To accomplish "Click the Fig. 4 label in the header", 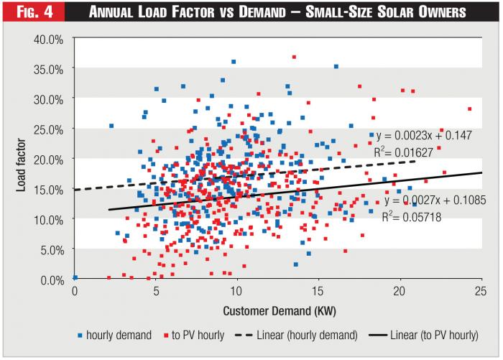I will coord(31,12).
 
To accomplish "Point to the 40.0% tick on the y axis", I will coord(49,39).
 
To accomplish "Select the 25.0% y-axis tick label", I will coord(49,129).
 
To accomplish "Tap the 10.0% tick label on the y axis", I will coord(49,219).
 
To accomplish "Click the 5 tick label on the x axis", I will coord(156,290).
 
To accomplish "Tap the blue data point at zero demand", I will coord(75,277).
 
